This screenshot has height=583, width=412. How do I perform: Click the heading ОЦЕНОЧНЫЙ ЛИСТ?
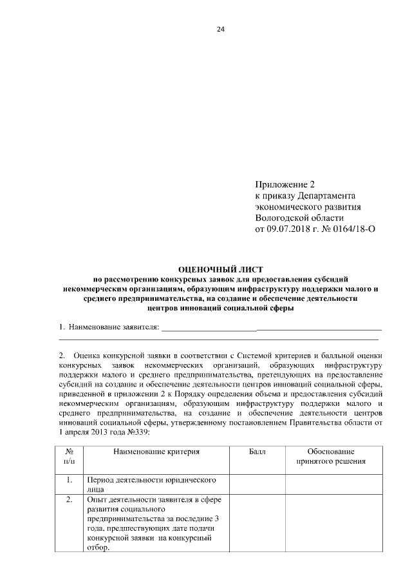221,269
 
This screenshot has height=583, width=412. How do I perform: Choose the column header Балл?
257,452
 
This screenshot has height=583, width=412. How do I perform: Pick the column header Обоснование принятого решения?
331,457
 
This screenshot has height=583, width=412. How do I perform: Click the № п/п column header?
69,457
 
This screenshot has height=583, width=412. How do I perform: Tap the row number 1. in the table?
69,481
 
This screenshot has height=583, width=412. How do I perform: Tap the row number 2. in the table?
69,500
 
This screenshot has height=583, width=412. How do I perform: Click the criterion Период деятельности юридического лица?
150,484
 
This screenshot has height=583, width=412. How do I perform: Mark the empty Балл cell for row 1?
257,484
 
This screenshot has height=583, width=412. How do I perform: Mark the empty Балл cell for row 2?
257,523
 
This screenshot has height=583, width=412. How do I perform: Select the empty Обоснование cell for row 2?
331,523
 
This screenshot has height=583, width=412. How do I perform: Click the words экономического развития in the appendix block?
308,206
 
